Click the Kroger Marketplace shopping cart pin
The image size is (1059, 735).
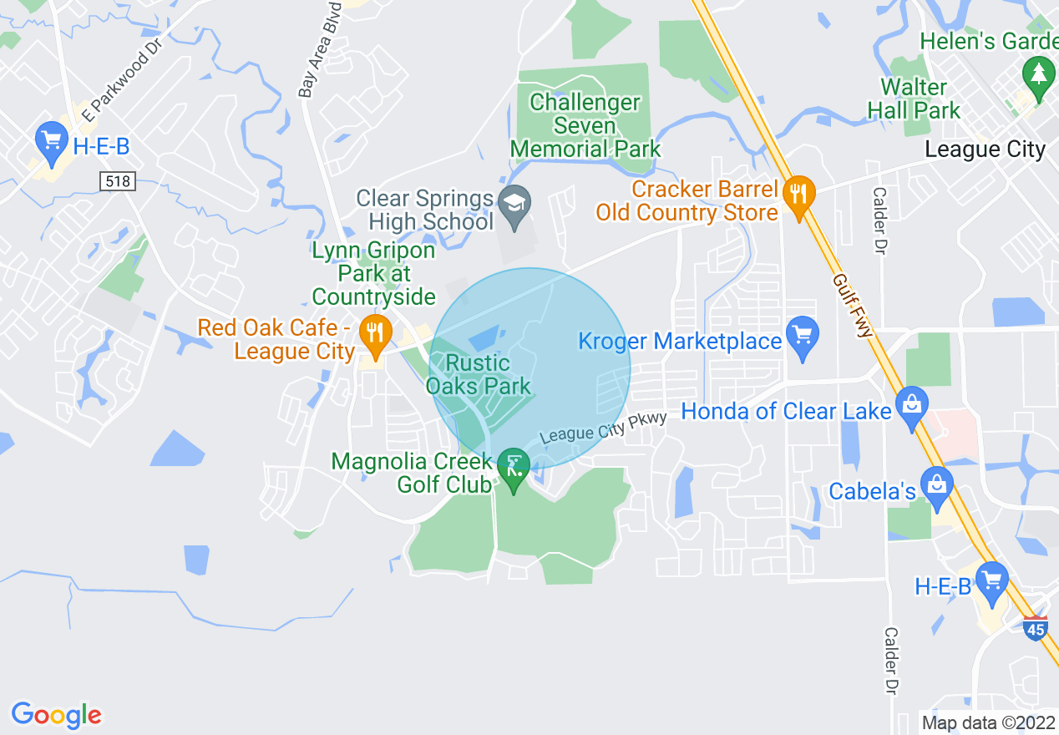(803, 337)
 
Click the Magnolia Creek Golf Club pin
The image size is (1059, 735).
(513, 469)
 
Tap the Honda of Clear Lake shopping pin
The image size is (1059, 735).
(911, 407)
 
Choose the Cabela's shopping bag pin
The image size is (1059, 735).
(938, 485)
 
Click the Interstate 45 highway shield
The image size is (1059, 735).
(1035, 628)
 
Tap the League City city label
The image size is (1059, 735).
(985, 150)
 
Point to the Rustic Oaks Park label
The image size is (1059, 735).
(479, 374)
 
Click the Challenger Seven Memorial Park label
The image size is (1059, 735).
(585, 126)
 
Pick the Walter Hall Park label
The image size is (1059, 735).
(914, 99)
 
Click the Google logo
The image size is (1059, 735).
(56, 715)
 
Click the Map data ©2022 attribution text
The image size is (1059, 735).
(987, 723)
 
